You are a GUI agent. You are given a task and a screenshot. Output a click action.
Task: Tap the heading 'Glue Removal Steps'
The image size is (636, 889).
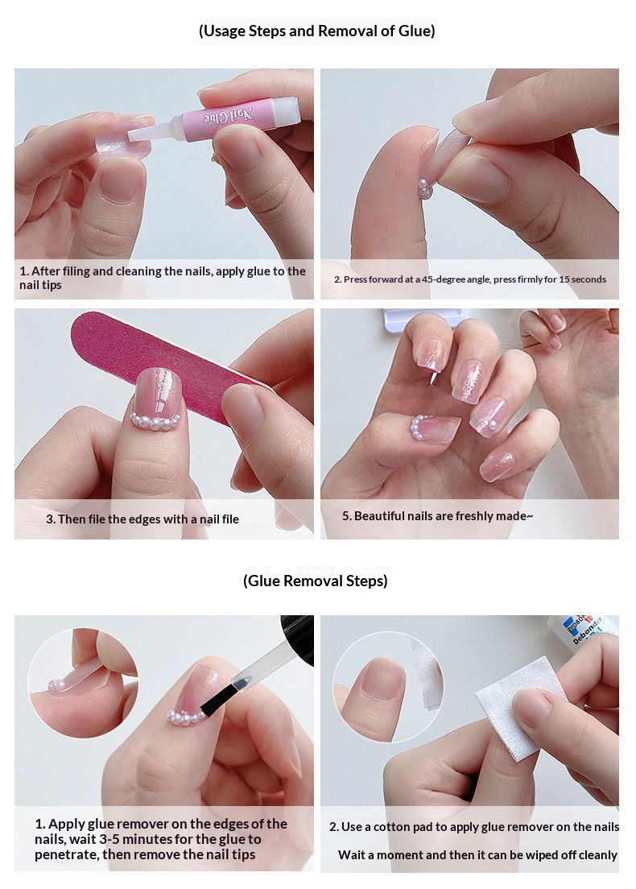(x=315, y=581)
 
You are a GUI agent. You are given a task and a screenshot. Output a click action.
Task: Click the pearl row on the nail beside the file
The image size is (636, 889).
(x=155, y=420)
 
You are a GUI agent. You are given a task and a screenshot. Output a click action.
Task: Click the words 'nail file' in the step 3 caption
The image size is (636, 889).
(x=218, y=519)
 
